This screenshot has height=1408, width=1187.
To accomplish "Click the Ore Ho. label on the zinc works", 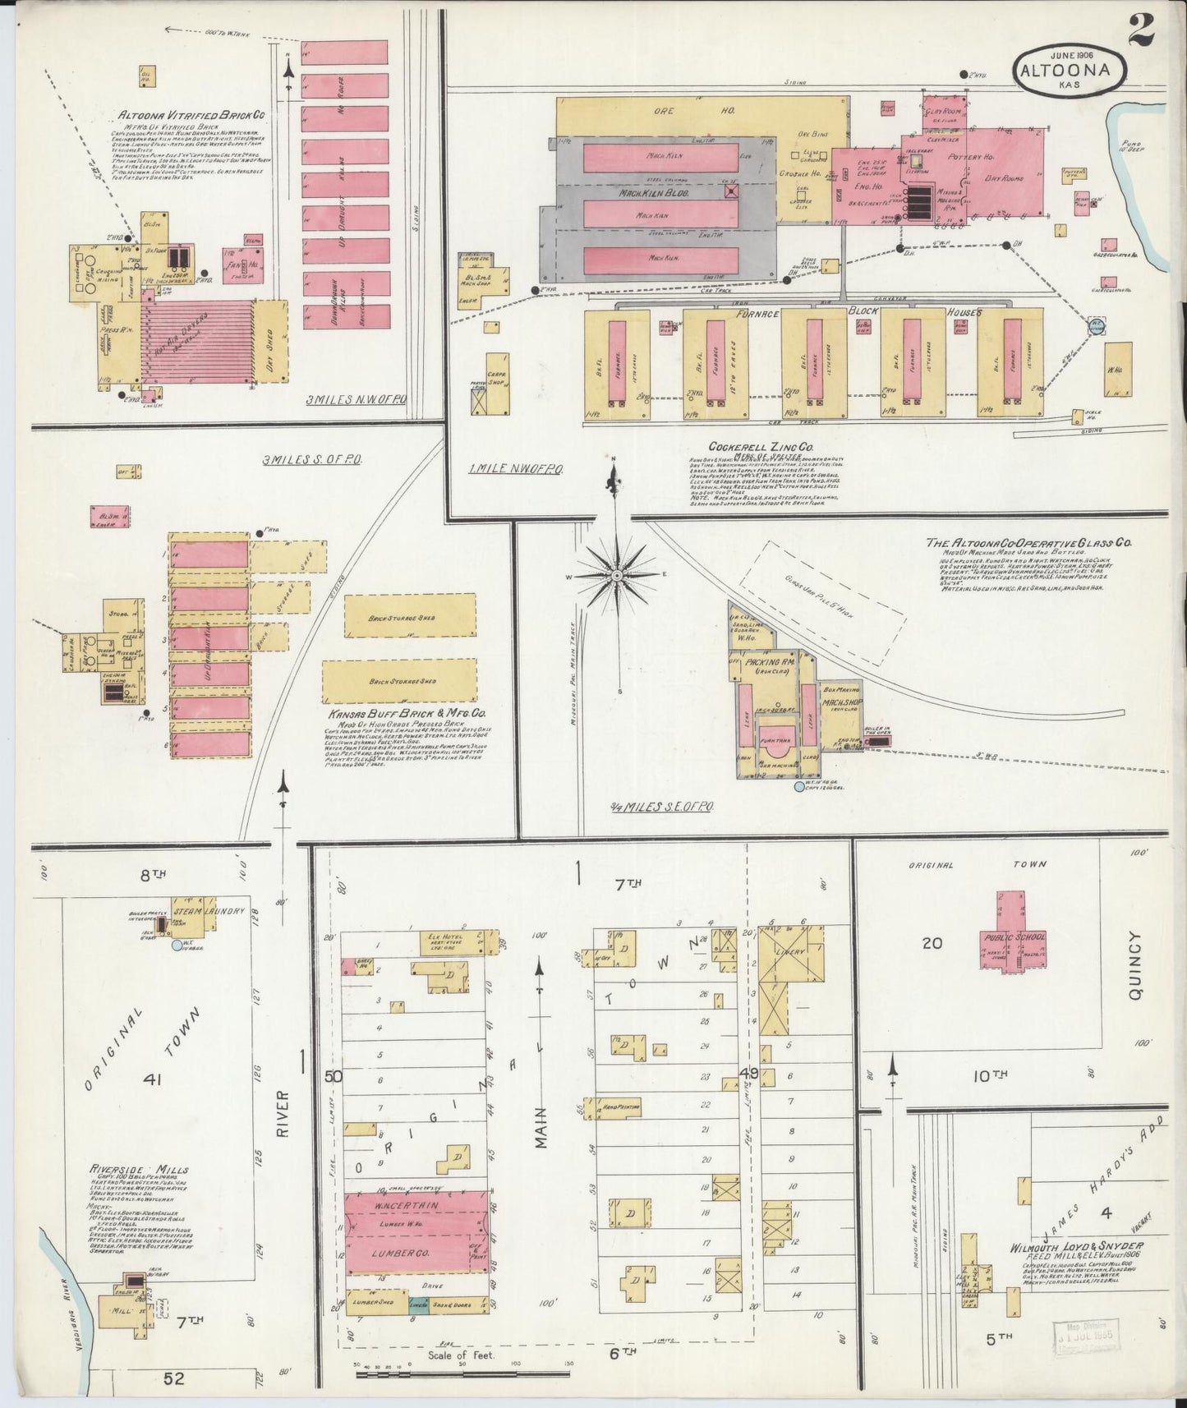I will (702, 109).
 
